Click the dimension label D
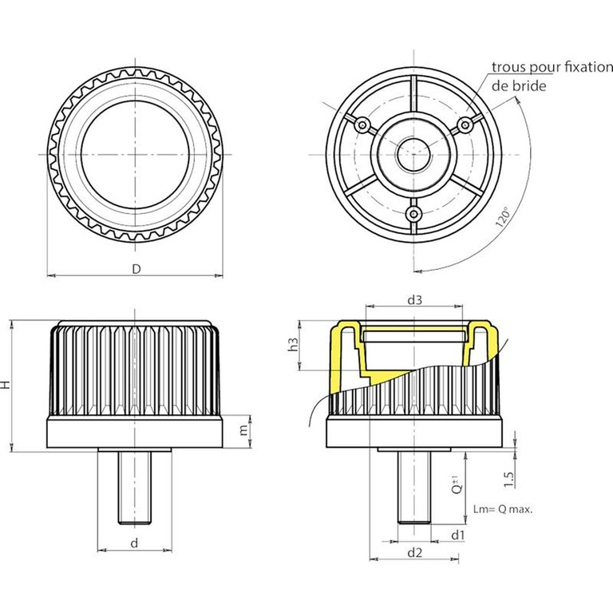(136, 269)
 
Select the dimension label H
(5, 385)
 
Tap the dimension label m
(243, 430)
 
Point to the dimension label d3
(414, 300)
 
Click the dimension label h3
(293, 344)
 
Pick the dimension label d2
(415, 552)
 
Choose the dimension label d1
(457, 535)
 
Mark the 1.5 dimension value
(508, 479)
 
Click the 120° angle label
(503, 217)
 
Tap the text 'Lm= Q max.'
(503, 509)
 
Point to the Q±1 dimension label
(457, 484)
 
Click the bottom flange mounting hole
(413, 214)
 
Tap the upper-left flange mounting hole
(362, 125)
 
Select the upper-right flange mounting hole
(465, 125)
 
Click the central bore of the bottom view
(413, 154)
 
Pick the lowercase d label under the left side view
(134, 543)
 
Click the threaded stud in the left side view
(134, 488)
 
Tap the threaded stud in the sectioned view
(414, 488)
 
